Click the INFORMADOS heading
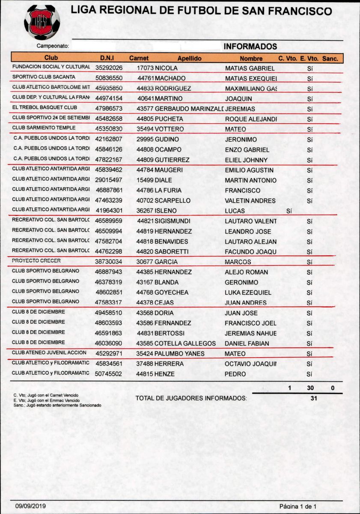250,46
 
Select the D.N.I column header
107,58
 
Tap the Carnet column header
139,58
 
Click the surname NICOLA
166,68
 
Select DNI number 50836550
109,78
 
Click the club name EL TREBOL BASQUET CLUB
45,108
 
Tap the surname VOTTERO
169,129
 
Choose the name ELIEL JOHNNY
246,160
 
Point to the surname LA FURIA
168,190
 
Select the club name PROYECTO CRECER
36,261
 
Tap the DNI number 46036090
109,344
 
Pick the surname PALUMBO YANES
179,354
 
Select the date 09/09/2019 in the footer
30,506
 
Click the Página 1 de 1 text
298,506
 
